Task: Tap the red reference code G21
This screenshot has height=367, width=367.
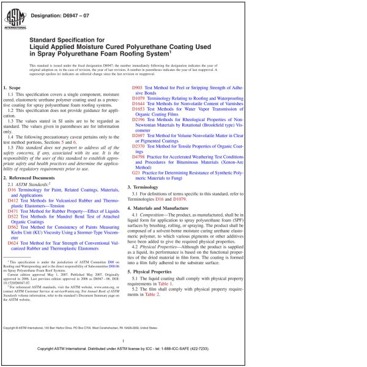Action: point(136,173)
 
